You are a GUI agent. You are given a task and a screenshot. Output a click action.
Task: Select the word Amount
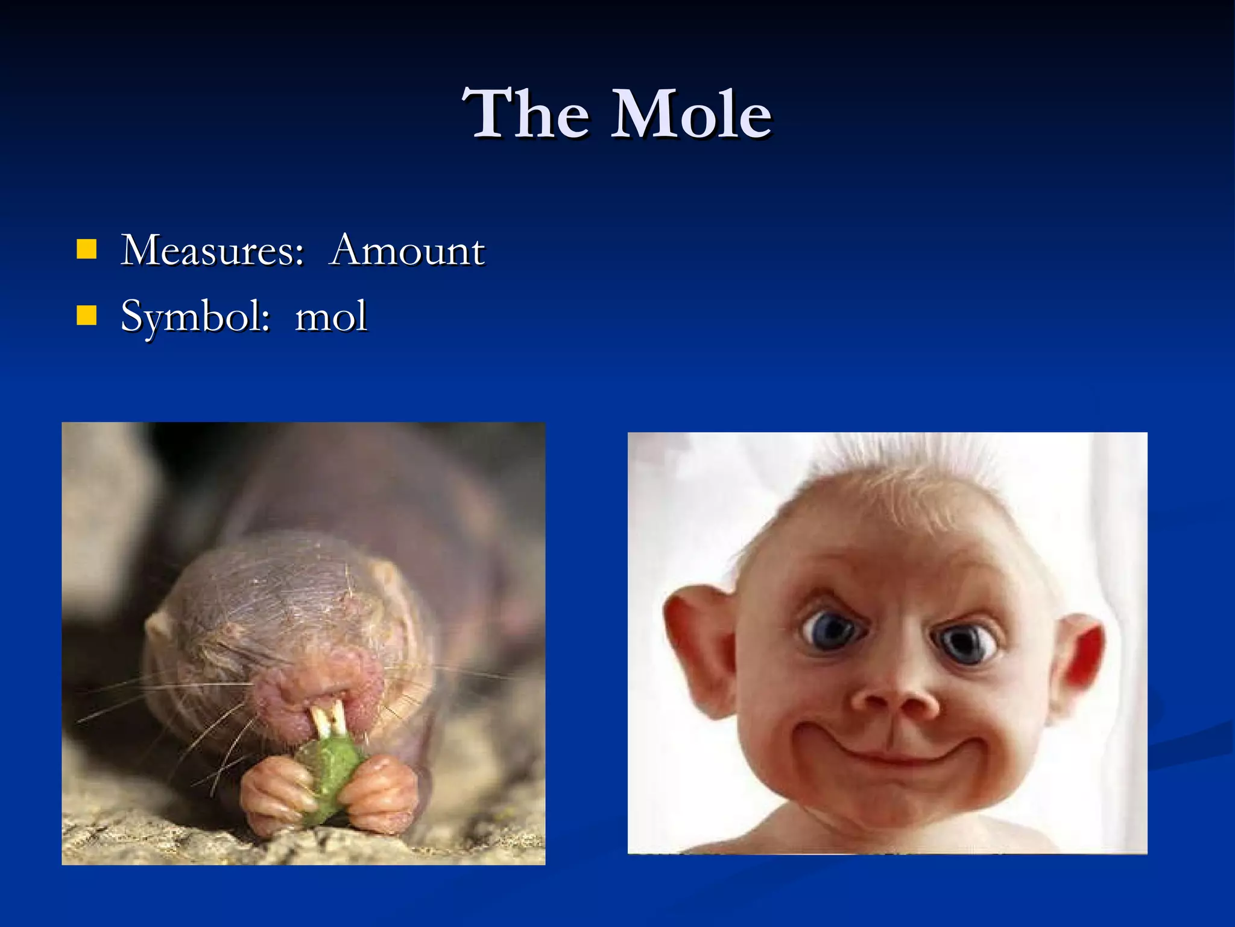tap(407, 250)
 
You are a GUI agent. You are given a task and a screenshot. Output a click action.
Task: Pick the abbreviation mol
tap(330, 316)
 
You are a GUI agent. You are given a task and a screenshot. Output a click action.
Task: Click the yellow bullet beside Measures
tap(87, 249)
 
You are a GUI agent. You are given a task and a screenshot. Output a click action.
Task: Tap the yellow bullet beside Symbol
tap(87, 315)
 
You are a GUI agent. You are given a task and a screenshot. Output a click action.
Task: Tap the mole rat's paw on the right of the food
tap(383, 791)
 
